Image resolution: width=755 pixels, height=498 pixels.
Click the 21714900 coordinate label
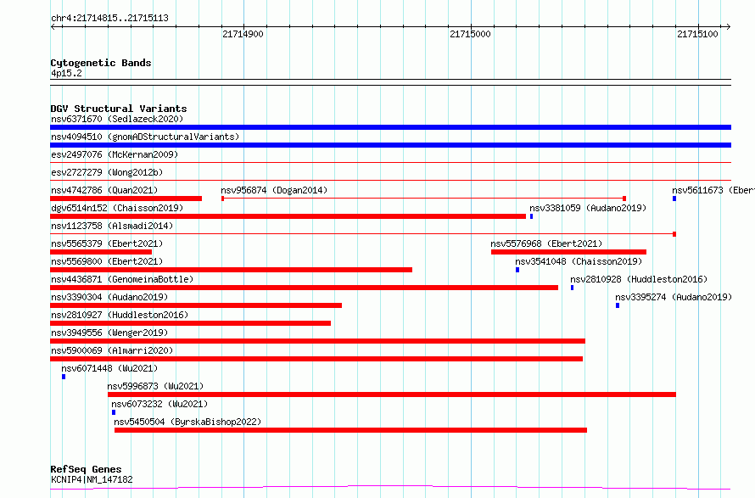coord(243,34)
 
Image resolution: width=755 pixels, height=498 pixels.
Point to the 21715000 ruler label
coord(470,34)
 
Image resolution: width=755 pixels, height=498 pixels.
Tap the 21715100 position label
coord(697,34)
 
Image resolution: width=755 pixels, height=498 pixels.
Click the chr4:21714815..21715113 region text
coord(109,19)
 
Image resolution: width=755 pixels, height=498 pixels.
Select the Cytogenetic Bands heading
coord(101,63)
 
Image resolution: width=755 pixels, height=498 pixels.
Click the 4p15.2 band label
coord(66,73)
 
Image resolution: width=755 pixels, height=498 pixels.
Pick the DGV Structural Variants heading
coord(119,109)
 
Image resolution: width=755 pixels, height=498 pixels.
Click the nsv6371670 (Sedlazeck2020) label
coord(117,119)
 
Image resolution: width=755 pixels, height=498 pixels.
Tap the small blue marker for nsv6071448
coord(64,377)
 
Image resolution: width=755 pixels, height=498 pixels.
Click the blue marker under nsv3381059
coord(532,216)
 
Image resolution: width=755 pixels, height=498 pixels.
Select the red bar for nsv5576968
coord(568,252)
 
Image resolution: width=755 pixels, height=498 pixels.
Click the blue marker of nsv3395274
coord(618,305)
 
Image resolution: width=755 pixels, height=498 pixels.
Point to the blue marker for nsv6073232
coord(114,412)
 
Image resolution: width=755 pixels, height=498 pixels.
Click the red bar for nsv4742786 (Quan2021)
coord(126,199)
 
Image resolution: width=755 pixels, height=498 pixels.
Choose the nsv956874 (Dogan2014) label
coord(274,190)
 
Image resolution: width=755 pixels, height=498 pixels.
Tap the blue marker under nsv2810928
coord(572,288)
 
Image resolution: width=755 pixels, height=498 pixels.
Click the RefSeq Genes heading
coord(86,469)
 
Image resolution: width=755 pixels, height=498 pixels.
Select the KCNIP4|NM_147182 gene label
coord(92,479)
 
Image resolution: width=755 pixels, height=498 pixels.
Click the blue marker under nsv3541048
coord(517,270)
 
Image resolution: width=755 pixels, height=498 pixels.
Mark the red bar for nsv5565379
coord(101,252)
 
